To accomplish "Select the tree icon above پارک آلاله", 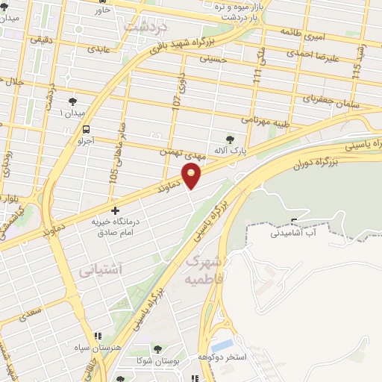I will (229, 138).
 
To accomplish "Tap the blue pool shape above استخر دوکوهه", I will (222, 345).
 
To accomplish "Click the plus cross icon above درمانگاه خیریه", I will (114, 211).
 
